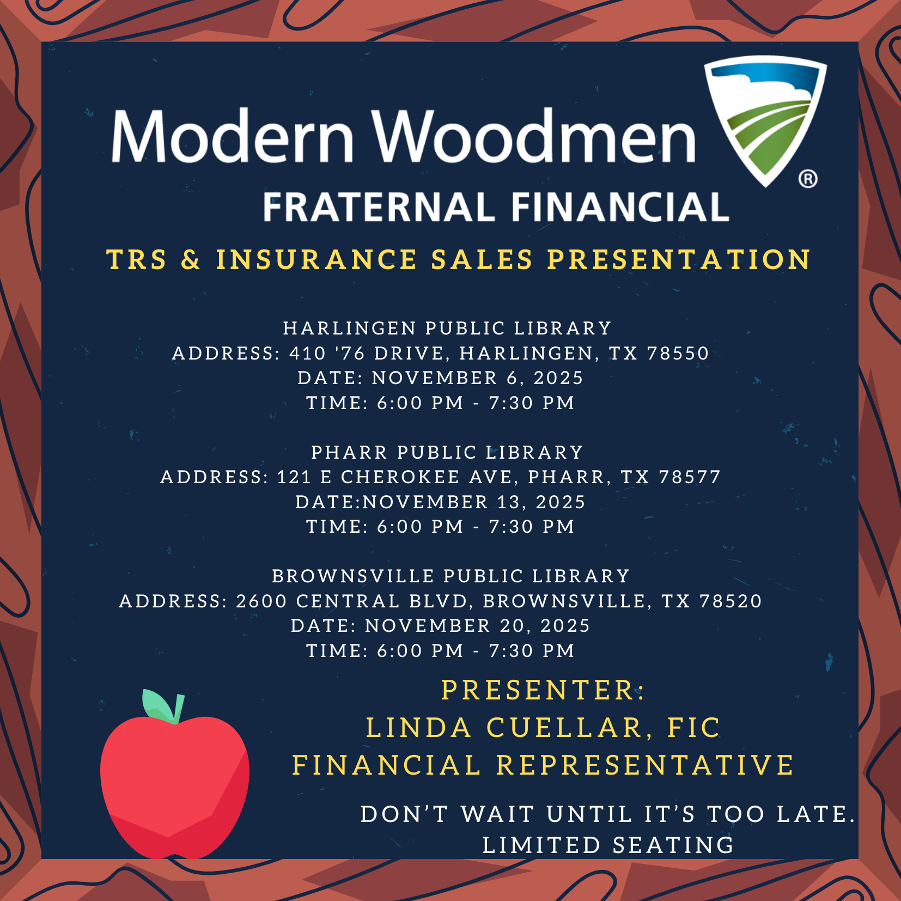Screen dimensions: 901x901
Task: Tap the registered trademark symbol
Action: (808, 179)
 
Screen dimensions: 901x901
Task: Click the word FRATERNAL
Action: (379, 207)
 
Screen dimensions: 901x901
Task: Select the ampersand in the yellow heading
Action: (191, 259)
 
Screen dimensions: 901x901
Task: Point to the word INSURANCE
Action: (316, 259)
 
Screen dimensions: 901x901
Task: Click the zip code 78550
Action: (678, 353)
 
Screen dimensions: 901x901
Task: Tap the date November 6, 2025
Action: (477, 378)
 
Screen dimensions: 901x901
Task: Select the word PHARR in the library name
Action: (349, 452)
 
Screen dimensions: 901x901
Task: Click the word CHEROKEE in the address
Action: (400, 477)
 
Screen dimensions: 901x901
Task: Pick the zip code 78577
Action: (690, 477)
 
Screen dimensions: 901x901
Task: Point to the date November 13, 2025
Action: (474, 502)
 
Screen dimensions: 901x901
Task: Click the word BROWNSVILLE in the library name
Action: (353, 576)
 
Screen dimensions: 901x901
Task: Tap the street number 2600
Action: (261, 601)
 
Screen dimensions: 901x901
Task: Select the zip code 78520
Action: (730, 601)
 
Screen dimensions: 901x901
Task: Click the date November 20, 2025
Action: (477, 626)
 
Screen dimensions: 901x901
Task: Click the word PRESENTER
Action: (538, 690)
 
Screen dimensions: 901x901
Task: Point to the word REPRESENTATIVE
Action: (645, 765)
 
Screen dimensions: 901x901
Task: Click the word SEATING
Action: (673, 845)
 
